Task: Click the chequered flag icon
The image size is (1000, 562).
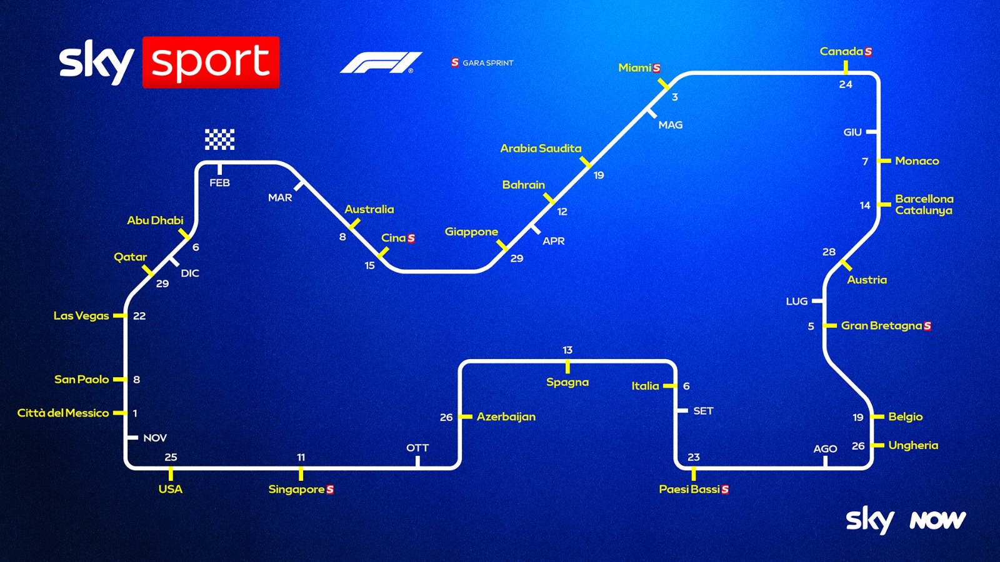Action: [x=219, y=139]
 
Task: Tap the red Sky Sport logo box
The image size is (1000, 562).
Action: [x=211, y=62]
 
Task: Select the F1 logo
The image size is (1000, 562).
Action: [x=381, y=63]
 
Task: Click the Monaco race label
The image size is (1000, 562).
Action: [x=917, y=161]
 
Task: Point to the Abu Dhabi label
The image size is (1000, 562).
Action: [x=155, y=220]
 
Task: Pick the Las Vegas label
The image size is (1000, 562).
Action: [x=81, y=316]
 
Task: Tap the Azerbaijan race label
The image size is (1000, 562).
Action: [x=506, y=417]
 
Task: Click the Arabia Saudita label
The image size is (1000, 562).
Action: [x=541, y=149]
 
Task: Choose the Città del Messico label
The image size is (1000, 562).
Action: [x=63, y=413]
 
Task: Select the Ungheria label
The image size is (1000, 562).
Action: [x=913, y=445]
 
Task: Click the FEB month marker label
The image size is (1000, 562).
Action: [x=219, y=183]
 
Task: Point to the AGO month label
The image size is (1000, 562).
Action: [x=825, y=449]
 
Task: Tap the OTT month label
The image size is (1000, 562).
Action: [x=417, y=448]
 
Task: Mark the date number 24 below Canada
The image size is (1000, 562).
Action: [x=846, y=84]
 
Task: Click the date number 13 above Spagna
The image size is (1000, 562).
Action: [x=567, y=350]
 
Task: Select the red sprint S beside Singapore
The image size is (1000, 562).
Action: [x=330, y=490]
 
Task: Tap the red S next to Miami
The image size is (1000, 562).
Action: [x=657, y=68]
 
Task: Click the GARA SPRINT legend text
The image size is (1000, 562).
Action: [x=487, y=63]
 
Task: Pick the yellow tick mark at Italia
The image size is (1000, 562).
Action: [x=669, y=386]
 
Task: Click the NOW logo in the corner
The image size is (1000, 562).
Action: [x=937, y=520]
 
